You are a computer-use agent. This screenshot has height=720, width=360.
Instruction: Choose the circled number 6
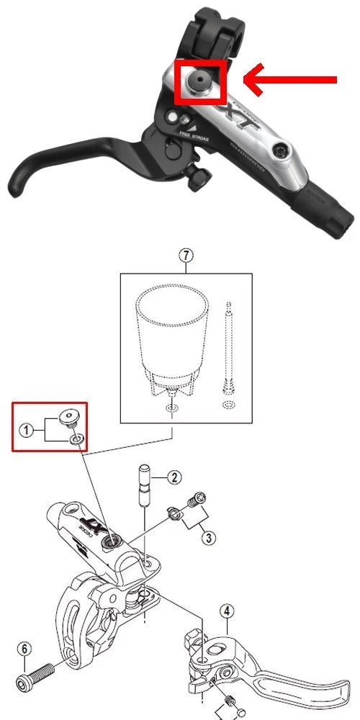24,649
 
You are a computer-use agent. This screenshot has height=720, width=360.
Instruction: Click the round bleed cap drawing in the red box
71,415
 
